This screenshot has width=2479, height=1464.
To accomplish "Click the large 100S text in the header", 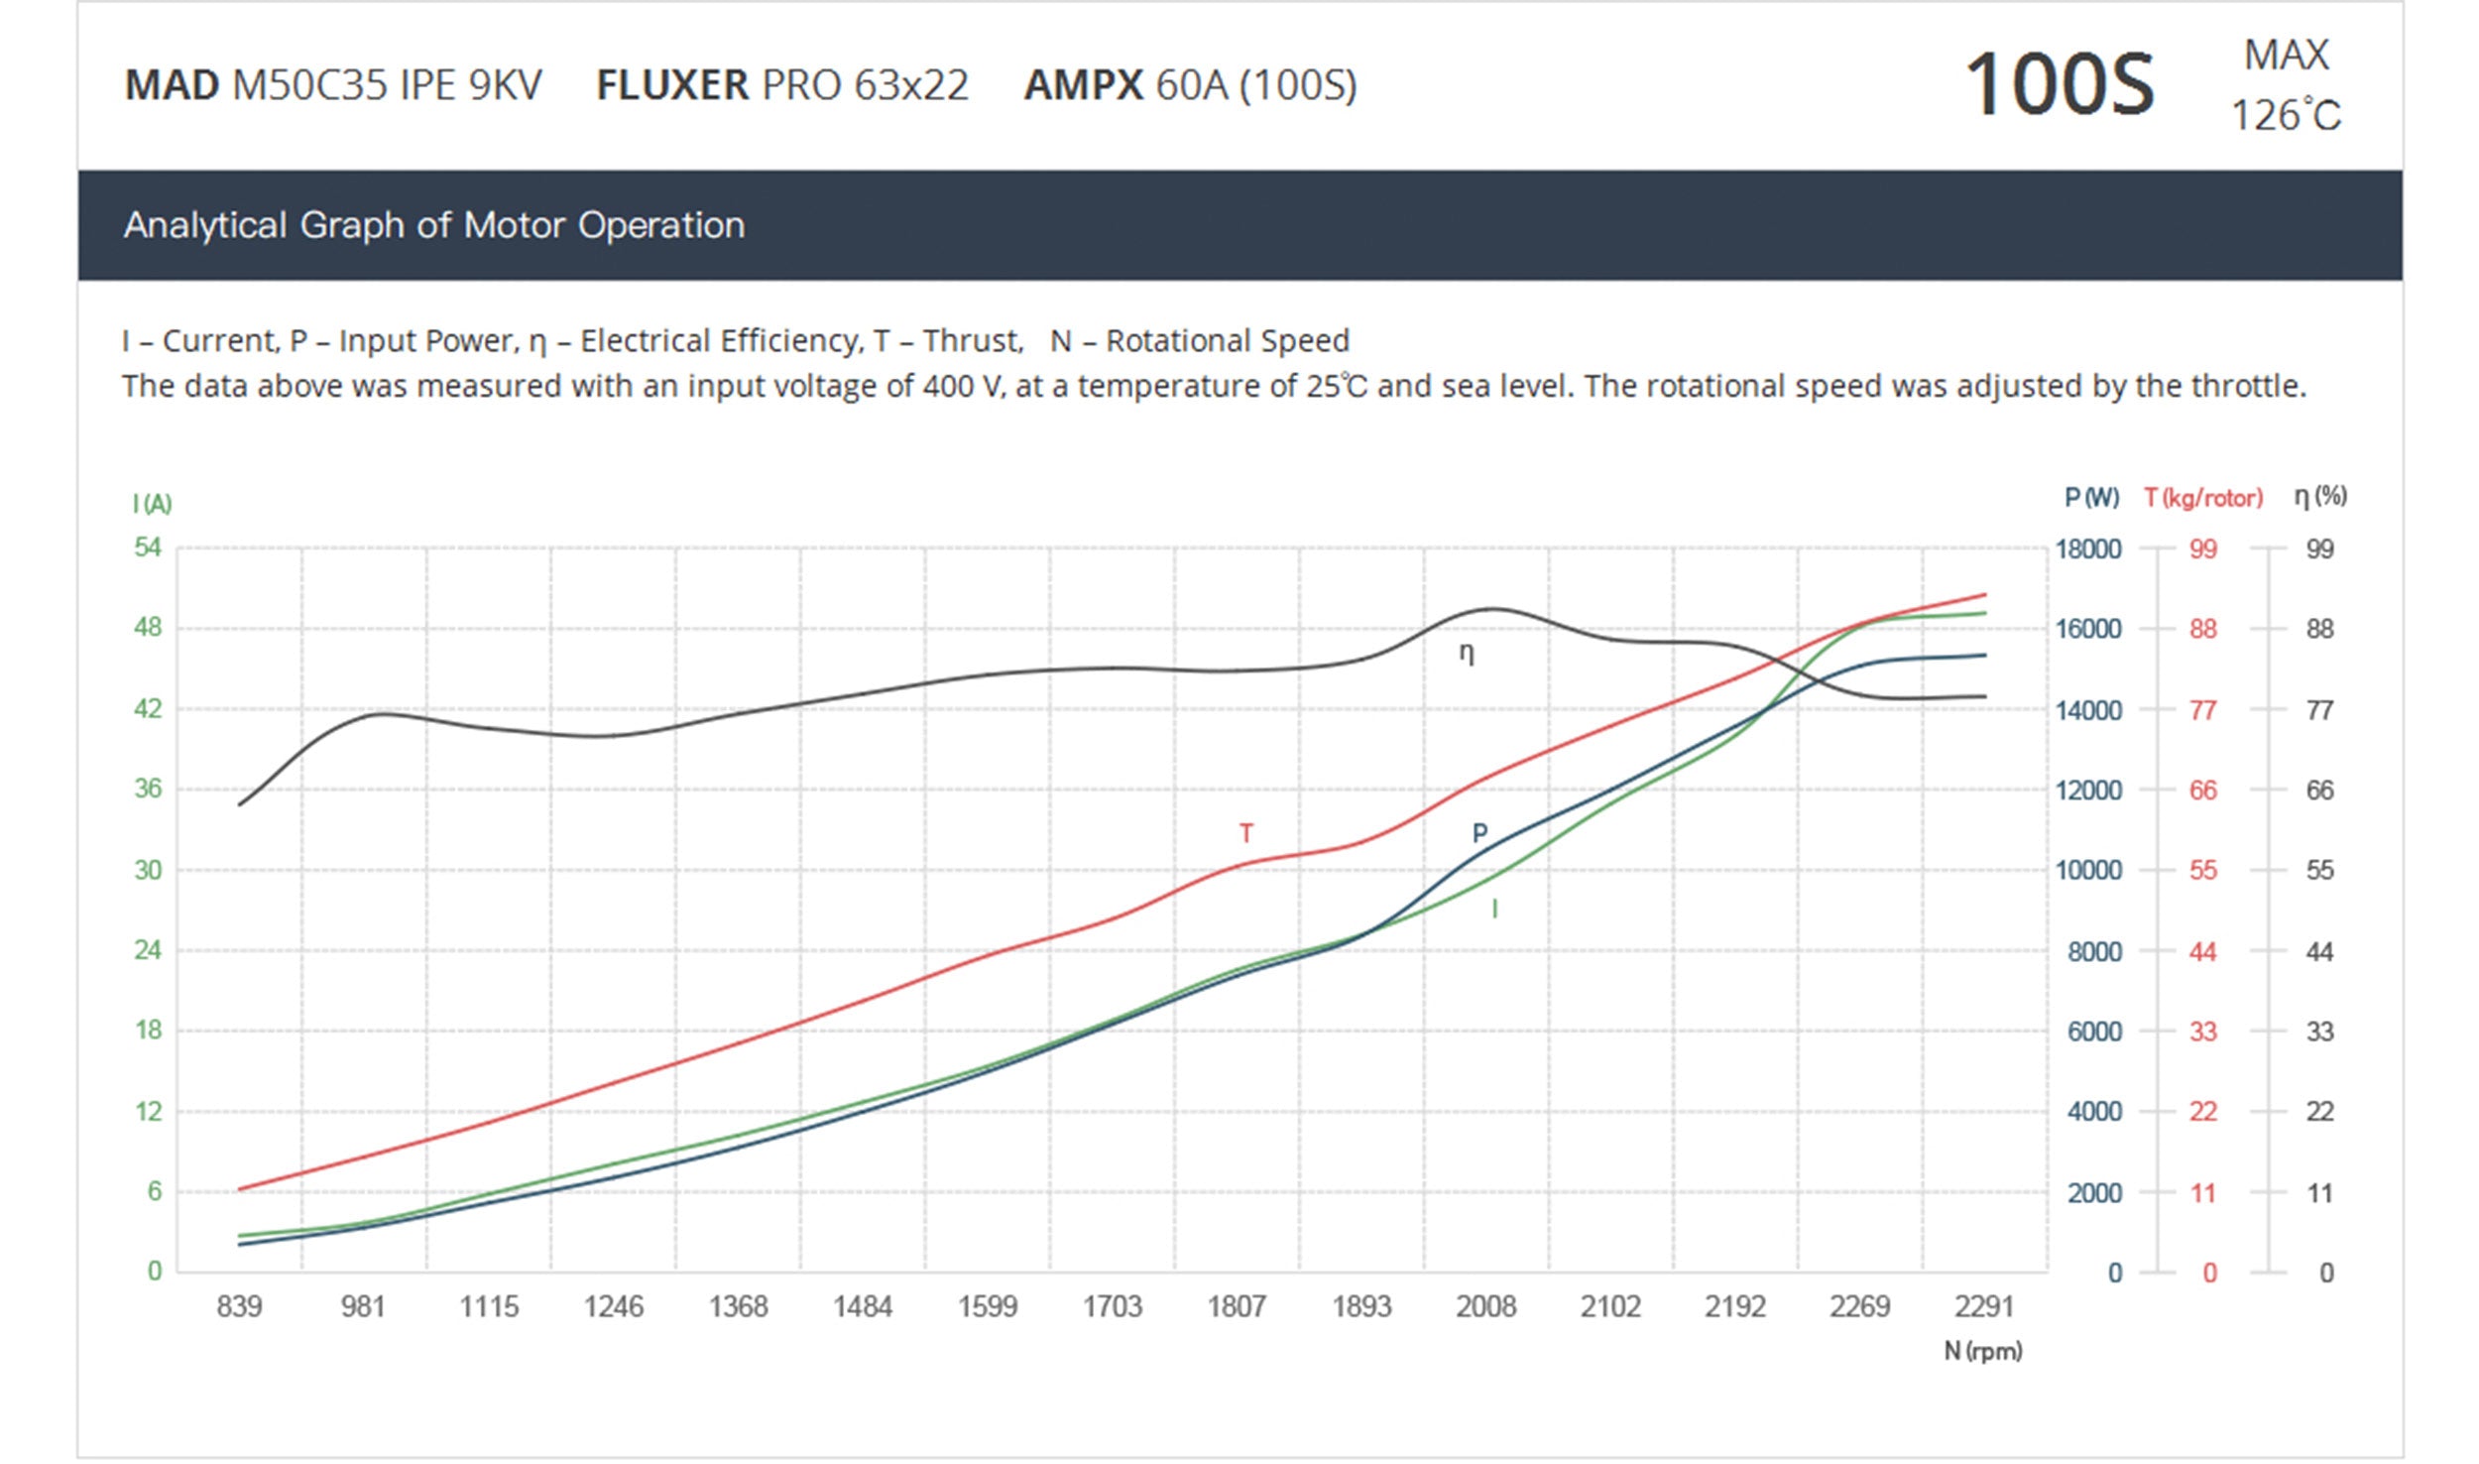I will pyautogui.click(x=2059, y=85).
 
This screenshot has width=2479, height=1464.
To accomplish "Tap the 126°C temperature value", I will pyautogui.click(x=2285, y=116).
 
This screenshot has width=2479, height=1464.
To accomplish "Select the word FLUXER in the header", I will pyautogui.click(x=672, y=85).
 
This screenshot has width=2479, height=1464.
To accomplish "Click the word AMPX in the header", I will pyautogui.click(x=1083, y=85).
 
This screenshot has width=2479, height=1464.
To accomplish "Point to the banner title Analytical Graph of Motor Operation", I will pyautogui.click(x=433, y=225).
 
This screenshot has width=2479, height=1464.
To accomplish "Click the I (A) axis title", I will pyautogui.click(x=152, y=504).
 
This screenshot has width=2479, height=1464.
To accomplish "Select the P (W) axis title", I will pyautogui.click(x=2091, y=498).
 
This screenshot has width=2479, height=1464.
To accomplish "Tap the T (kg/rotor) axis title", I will pyautogui.click(x=2203, y=498).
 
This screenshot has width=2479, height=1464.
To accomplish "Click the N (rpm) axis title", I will pyautogui.click(x=1982, y=1351).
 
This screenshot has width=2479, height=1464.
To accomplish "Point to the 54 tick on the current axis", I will pyautogui.click(x=148, y=548).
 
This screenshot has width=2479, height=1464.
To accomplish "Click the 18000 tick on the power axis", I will pyautogui.click(x=2087, y=549).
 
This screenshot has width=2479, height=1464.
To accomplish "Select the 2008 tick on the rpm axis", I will pyautogui.click(x=1485, y=1306).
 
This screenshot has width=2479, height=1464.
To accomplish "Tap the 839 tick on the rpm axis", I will pyautogui.click(x=239, y=1306).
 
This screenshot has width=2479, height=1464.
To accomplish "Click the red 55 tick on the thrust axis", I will pyautogui.click(x=2202, y=871).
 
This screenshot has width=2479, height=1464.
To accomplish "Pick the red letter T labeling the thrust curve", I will pyautogui.click(x=1245, y=833).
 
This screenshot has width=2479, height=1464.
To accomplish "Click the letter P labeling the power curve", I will pyautogui.click(x=1479, y=833).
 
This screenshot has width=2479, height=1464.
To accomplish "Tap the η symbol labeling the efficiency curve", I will pyautogui.click(x=1467, y=654).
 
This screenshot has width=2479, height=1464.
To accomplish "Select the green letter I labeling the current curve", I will pyautogui.click(x=1494, y=909).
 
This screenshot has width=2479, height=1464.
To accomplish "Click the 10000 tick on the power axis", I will pyautogui.click(x=2087, y=871).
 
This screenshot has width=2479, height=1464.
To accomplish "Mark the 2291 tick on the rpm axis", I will pyautogui.click(x=1983, y=1306).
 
